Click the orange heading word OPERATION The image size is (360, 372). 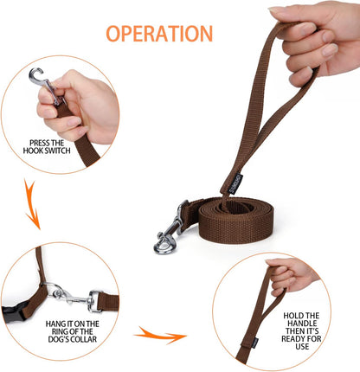158,34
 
